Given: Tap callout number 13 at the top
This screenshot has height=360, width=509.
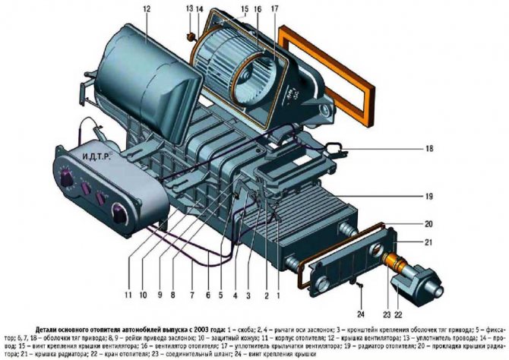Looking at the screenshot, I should pyautogui.click(x=188, y=8).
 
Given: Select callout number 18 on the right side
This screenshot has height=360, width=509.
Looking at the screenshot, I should pyautogui.click(x=429, y=150).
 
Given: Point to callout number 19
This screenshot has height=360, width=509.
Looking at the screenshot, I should pyautogui.click(x=429, y=197).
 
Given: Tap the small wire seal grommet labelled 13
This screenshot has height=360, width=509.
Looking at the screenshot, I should pyautogui.click(x=189, y=36).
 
